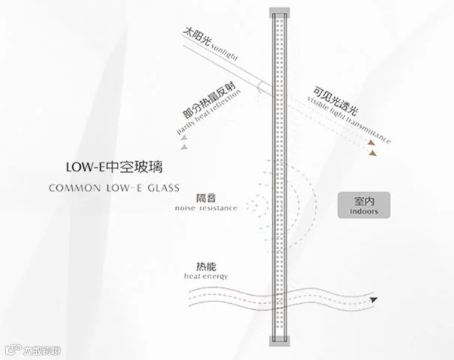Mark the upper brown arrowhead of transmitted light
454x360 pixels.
pyautogui.click(x=371, y=140)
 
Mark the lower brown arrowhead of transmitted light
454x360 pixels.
pyautogui.click(x=371, y=153)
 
